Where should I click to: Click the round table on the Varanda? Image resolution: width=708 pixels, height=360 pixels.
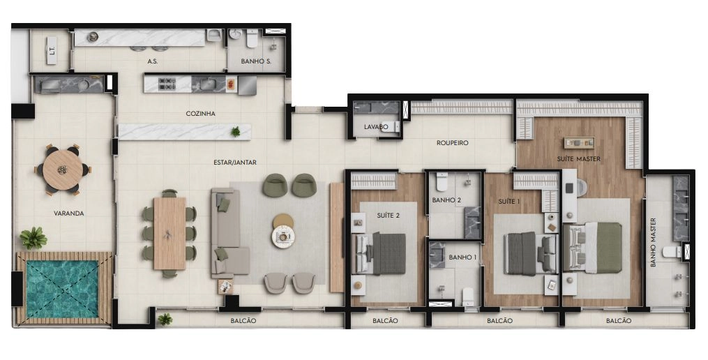(x=63, y=170)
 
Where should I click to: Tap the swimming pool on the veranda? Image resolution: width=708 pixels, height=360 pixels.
(x=62, y=288)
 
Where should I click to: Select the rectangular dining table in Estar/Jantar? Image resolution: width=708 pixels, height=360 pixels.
(x=170, y=233)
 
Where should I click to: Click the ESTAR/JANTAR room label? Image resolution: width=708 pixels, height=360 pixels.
(x=235, y=162)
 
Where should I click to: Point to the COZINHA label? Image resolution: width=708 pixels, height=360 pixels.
(x=200, y=114)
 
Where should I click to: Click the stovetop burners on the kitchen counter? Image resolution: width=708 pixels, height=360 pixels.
(x=167, y=84)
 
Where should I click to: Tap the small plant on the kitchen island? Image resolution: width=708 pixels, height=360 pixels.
(x=235, y=131)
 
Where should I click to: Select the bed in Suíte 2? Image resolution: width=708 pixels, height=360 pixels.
(x=381, y=253)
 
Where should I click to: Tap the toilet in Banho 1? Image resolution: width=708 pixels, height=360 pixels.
(x=468, y=297)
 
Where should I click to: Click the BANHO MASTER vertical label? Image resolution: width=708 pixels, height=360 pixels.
(x=653, y=243)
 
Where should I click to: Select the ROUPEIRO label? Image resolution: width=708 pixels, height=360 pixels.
(x=453, y=143)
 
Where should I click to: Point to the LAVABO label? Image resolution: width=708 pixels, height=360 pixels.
(x=376, y=127)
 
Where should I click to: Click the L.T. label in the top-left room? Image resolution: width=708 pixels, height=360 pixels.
(x=52, y=50)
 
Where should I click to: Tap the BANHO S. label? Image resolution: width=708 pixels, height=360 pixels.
(x=256, y=61)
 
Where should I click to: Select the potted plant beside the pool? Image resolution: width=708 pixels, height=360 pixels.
(x=33, y=238)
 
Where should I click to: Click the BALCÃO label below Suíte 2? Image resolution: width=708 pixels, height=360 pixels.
(x=385, y=321)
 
